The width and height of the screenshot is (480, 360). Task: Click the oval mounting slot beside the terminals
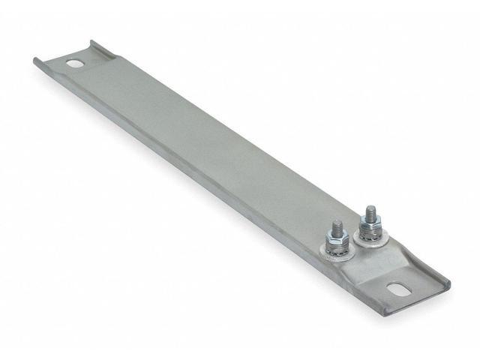coord(395,287)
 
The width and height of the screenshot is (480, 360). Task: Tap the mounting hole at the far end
coord(75,64)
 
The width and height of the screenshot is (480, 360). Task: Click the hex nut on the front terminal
coord(335,239)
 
